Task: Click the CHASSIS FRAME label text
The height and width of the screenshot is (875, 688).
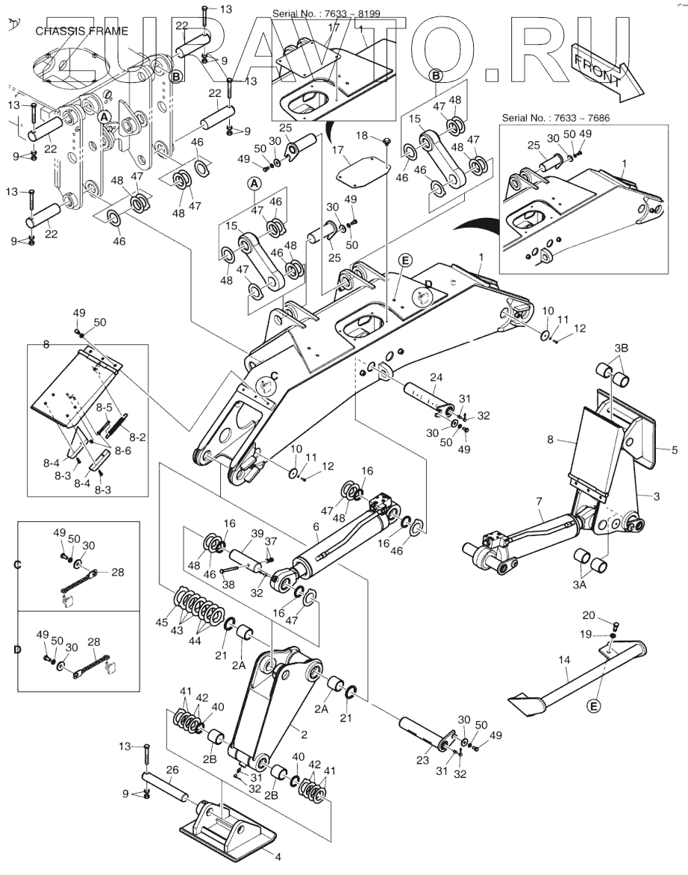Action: [x=81, y=31]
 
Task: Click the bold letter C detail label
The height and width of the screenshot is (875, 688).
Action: [x=16, y=564]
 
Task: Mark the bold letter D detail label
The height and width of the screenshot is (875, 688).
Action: [x=16, y=650]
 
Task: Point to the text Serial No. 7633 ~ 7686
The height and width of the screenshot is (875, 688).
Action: [x=555, y=118]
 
